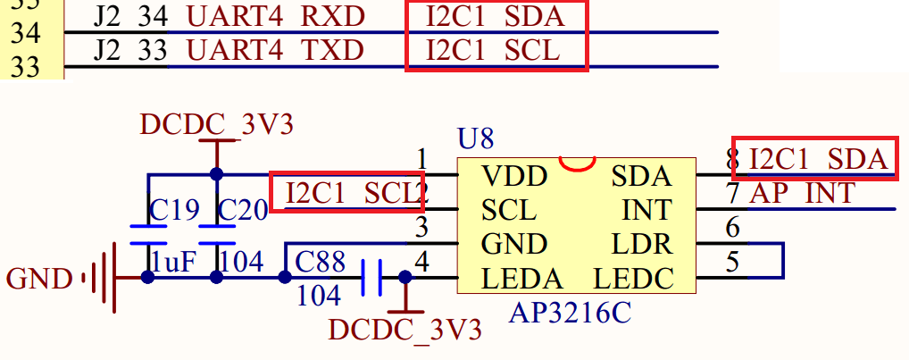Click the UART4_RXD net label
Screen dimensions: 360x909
(275, 17)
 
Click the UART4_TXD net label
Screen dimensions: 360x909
(275, 51)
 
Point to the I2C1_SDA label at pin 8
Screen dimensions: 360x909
(820, 160)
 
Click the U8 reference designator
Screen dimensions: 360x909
(475, 139)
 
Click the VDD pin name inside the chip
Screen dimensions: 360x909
(513, 176)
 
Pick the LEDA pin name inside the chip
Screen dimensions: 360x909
(522, 279)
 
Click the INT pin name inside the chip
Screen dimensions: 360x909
(646, 210)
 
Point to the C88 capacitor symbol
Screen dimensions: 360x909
(373, 278)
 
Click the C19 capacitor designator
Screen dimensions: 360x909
(174, 210)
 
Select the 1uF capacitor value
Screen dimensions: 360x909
(171, 262)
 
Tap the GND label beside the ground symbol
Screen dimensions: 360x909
(38, 280)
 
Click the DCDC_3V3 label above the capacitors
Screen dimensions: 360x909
(216, 125)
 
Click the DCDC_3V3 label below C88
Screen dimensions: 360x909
(404, 331)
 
